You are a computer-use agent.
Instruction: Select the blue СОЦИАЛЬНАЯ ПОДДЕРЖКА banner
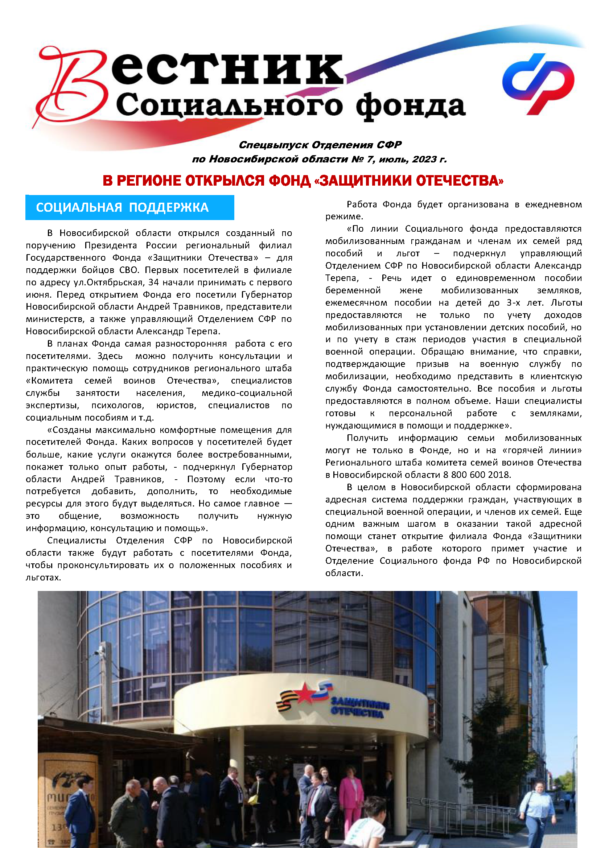[x=129, y=207]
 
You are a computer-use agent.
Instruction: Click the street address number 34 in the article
[x=153, y=282]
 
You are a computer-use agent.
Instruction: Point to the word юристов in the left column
[x=176, y=405]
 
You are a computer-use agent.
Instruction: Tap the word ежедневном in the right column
[x=553, y=204]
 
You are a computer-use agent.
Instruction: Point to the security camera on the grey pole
[x=99, y=649]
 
